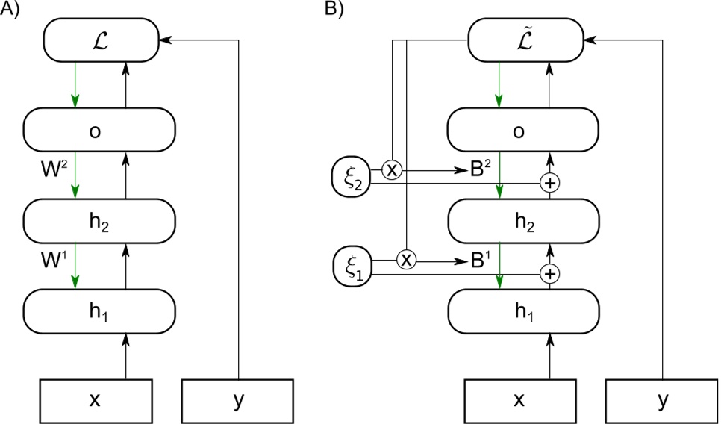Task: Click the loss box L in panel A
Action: (101, 39)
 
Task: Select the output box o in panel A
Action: (99, 130)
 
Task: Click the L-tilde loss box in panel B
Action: (524, 39)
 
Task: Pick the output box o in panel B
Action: (523, 130)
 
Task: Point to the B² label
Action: (481, 170)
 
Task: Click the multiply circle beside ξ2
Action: (392, 169)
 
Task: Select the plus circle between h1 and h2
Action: (550, 274)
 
